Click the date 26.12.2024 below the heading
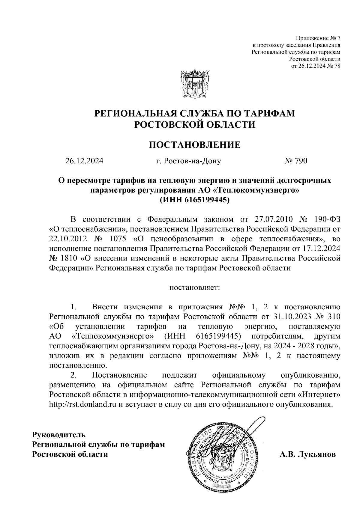pos(84,161)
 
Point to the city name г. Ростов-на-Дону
pos(188,161)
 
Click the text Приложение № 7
pos(318,38)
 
